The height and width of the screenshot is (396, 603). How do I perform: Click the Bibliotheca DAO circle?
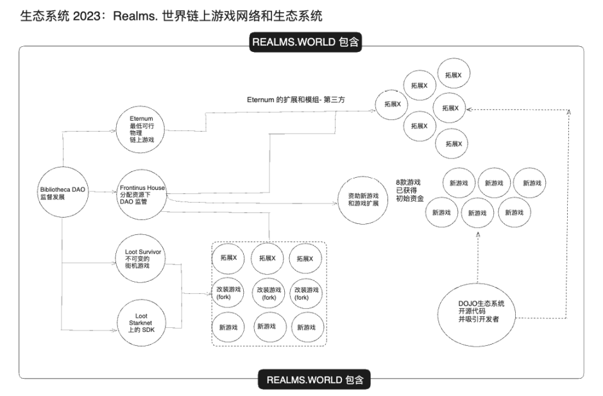click(x=61, y=193)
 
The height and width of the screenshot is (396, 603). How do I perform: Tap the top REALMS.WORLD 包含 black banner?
click(x=305, y=42)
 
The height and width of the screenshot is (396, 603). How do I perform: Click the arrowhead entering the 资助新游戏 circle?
click(x=335, y=203)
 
